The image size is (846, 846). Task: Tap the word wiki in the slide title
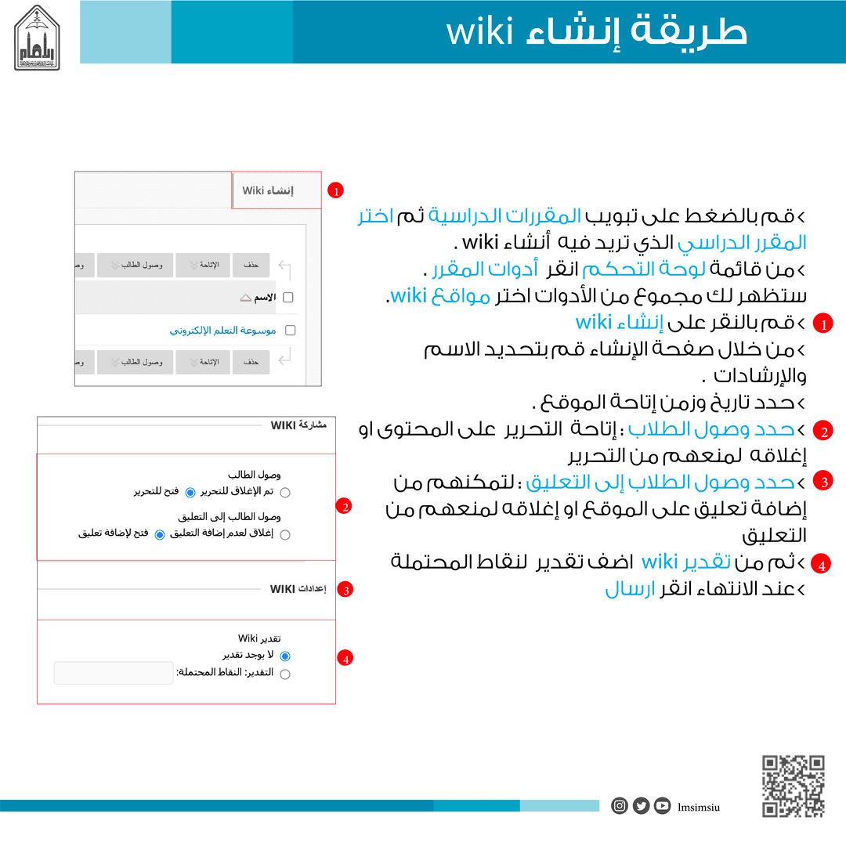coord(479,33)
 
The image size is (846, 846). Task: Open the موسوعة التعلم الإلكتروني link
coord(222,331)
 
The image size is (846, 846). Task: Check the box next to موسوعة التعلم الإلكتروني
coord(291,331)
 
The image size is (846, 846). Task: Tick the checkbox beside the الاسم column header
coord(287,298)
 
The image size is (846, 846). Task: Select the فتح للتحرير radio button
coord(190,492)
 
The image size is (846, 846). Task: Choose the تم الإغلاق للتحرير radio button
coord(285,492)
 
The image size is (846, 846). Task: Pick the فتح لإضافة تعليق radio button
coord(160,535)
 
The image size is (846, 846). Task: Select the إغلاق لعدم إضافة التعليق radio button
coord(285,535)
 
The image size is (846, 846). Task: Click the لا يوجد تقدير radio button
coord(285,656)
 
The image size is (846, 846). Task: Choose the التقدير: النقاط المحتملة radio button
coord(285,674)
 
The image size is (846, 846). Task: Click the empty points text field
coord(114,673)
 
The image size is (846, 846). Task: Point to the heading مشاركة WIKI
coord(298,425)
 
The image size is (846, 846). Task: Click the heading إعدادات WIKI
coord(298,588)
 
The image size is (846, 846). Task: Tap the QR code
coord(794,786)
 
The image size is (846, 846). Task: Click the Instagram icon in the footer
coord(620,805)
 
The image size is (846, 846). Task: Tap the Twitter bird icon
coord(641,805)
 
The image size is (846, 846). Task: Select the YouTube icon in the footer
coord(663,805)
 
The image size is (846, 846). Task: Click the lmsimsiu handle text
coord(699,806)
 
